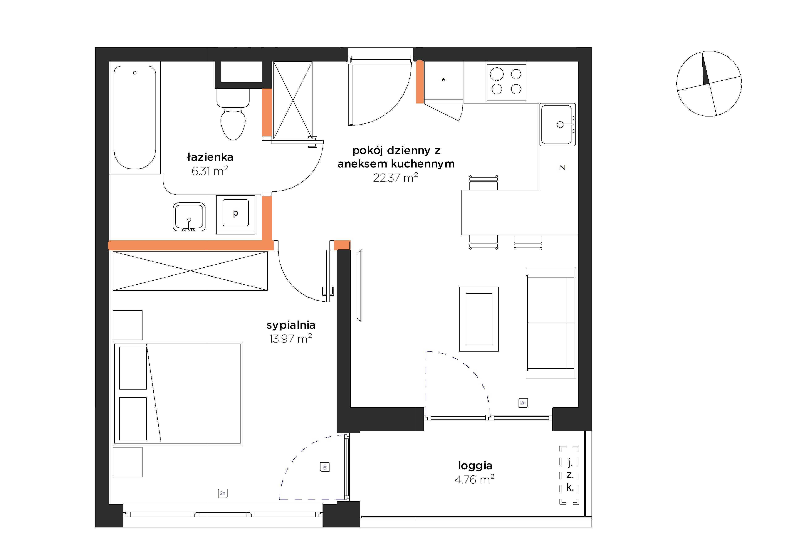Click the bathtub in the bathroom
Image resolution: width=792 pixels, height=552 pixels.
click(x=135, y=118)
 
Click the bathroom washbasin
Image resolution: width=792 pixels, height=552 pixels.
click(x=189, y=217)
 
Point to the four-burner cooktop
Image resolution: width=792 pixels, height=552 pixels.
click(x=506, y=81)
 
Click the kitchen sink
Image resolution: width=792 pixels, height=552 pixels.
click(x=557, y=124)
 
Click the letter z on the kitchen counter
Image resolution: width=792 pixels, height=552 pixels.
click(x=562, y=167)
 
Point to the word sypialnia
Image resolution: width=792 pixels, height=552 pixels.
click(x=291, y=325)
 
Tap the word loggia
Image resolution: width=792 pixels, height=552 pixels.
click(x=475, y=466)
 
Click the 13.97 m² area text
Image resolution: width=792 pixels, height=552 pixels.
click(x=290, y=339)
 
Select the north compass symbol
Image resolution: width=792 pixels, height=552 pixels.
click(x=709, y=84)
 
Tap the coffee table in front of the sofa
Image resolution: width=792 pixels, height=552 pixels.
click(x=479, y=319)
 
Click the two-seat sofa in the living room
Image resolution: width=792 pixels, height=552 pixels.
click(x=550, y=323)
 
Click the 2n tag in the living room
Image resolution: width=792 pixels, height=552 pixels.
click(x=523, y=403)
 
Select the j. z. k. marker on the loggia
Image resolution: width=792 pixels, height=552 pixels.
click(x=569, y=475)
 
